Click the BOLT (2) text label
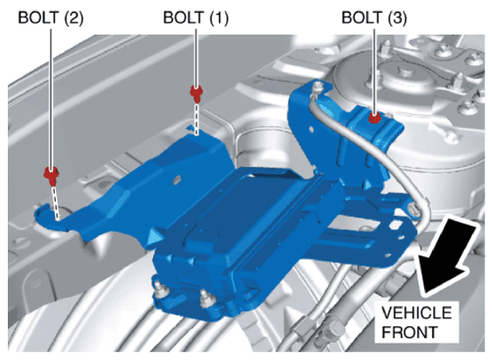pos(50,17)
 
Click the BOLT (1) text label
pos(196,17)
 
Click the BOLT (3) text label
pos(374,17)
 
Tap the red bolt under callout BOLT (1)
pos(197,93)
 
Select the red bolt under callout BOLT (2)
pos(51,176)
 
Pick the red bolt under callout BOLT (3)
pos(374,118)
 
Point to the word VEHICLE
pos(416,313)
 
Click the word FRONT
pos(410,332)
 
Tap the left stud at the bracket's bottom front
pos(160,290)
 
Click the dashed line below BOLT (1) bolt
pos(197,119)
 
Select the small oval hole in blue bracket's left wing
pos(177,179)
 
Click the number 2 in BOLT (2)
pos(73,17)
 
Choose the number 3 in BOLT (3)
pos(396,17)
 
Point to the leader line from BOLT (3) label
pos(374,70)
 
